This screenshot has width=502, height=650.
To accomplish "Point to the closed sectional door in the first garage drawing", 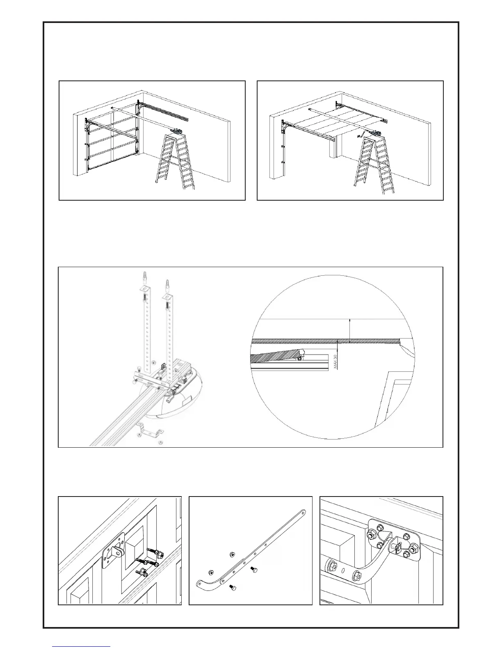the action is coord(112,144).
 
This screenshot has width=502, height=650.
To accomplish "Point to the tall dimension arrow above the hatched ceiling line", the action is coord(349,330).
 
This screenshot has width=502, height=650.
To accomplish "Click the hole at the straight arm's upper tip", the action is coord(303,512).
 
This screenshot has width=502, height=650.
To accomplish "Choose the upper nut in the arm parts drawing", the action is coord(232,554).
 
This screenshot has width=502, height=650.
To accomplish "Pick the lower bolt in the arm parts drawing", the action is coord(232,588).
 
